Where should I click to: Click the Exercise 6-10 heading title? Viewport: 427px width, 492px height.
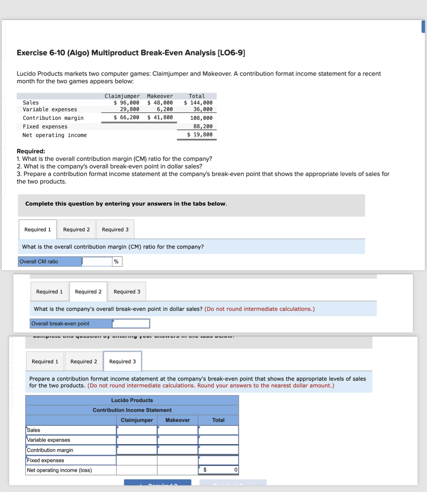pyautogui.click(x=131, y=53)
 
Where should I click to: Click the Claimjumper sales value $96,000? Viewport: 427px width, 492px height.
pyautogui.click(x=126, y=103)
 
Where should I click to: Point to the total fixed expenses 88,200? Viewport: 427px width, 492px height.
pyautogui.click(x=203, y=126)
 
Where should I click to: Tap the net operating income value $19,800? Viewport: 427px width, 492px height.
pyautogui.click(x=200, y=135)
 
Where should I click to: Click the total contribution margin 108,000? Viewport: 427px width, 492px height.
pyautogui.click(x=201, y=118)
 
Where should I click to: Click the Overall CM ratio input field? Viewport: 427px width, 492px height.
pyautogui.click(x=97, y=262)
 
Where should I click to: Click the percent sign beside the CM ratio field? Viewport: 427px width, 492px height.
pyautogui.click(x=116, y=262)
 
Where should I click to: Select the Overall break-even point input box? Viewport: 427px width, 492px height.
pyautogui.click(x=131, y=324)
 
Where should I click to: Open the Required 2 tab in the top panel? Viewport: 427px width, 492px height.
pyautogui.click(x=76, y=230)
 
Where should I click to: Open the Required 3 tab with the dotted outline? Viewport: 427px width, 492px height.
pyautogui.click(x=122, y=362)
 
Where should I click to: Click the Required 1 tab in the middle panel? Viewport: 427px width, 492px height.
pyautogui.click(x=49, y=292)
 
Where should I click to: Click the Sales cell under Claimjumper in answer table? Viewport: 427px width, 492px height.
pyautogui.click(x=137, y=430)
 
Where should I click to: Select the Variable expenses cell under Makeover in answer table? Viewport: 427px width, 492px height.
pyautogui.click(x=178, y=440)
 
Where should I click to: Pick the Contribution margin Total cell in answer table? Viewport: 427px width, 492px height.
pyautogui.click(x=218, y=450)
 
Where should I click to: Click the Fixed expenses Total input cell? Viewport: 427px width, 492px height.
pyautogui.click(x=218, y=460)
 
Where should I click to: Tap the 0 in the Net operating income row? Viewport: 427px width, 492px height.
pyautogui.click(x=235, y=470)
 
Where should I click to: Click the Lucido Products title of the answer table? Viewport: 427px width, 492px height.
pyautogui.click(x=132, y=400)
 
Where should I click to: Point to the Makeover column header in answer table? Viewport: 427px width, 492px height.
pyautogui.click(x=178, y=420)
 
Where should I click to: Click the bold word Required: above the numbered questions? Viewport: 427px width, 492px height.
pyautogui.click(x=31, y=151)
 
